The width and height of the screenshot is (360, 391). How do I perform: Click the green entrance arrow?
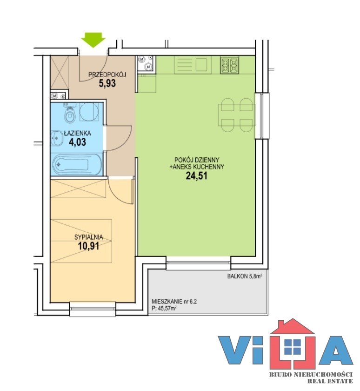(93, 40)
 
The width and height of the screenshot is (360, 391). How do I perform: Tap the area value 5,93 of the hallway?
(107, 83)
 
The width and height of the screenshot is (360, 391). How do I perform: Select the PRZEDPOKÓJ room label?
(107, 74)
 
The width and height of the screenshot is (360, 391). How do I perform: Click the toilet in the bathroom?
(69, 115)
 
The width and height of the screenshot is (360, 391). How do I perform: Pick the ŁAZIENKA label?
(77, 133)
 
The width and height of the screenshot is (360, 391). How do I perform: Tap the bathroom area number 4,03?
(77, 142)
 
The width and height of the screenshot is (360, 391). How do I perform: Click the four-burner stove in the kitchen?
(229, 65)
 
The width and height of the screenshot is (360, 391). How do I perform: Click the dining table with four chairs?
(237, 115)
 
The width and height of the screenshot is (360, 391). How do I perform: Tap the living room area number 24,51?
(197, 176)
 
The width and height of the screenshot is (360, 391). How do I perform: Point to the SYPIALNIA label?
(89, 237)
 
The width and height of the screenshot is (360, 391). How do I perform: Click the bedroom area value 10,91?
(89, 246)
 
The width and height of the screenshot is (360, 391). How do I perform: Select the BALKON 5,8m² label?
(244, 276)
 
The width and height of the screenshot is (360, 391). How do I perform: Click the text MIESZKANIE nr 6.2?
(174, 302)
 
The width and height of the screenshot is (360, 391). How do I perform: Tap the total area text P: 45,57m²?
(164, 309)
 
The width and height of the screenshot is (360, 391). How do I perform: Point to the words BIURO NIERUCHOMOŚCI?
(311, 374)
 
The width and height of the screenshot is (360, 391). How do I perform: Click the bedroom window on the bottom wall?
(93, 309)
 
